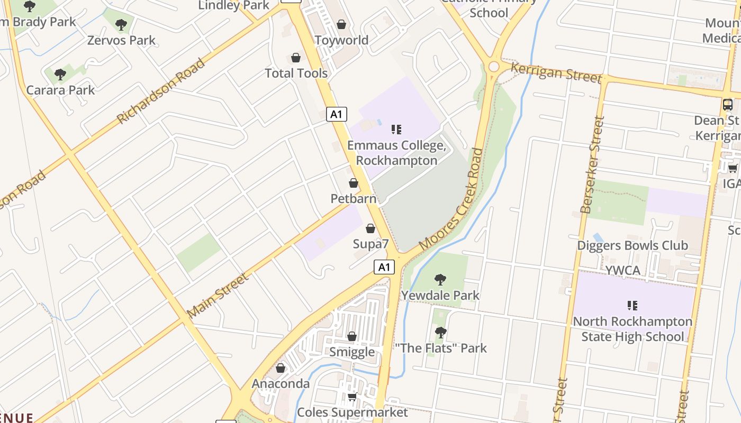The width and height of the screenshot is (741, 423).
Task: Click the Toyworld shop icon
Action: tap(341, 24)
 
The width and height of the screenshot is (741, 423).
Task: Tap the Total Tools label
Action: tap(296, 73)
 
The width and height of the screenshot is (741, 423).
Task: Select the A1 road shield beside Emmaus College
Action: tap(337, 114)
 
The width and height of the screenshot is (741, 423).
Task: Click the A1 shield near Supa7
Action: tap(384, 267)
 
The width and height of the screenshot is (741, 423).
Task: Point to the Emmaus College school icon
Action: tap(396, 129)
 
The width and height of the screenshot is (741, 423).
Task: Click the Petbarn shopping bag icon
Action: tap(354, 183)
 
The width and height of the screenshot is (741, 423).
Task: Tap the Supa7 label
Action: tap(370, 244)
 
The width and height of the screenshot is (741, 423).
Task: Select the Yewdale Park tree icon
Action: tap(440, 280)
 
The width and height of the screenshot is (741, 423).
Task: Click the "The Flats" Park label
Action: tap(441, 348)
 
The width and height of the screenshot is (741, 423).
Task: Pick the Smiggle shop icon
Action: tap(352, 336)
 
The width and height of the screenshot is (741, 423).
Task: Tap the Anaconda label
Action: tap(281, 383)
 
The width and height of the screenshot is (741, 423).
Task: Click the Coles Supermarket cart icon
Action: tap(352, 397)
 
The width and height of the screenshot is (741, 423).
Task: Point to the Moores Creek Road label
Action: tap(451, 199)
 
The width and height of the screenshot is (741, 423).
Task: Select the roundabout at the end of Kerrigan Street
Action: tap(494, 66)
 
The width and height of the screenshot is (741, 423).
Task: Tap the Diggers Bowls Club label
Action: tap(632, 245)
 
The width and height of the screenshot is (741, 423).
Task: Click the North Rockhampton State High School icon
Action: tap(632, 305)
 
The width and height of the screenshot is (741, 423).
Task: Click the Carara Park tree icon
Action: tap(60, 75)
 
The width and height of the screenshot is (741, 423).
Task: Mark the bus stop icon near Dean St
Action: tap(728, 104)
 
